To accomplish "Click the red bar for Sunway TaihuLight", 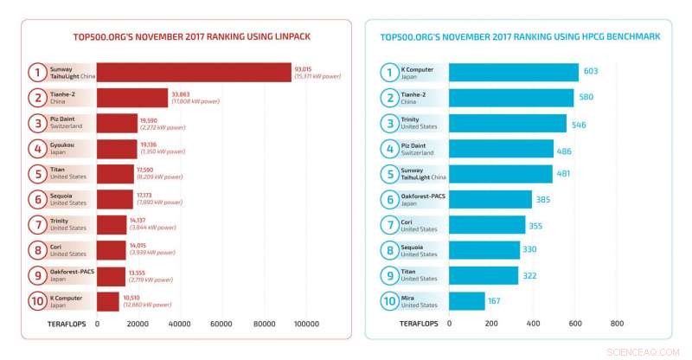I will [193, 73].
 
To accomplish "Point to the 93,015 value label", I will [304, 68].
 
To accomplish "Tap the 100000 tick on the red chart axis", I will [307, 324].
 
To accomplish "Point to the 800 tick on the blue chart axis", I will [617, 324].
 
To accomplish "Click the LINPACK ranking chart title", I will [185, 37].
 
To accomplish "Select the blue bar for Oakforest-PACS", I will [490, 199].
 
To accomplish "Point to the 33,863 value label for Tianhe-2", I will [181, 93].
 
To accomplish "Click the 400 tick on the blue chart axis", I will [533, 324].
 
